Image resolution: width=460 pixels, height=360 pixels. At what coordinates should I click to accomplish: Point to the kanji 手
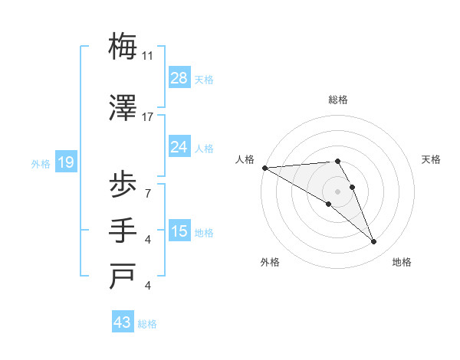click(x=123, y=231)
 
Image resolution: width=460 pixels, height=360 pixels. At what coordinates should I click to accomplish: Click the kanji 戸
click(x=123, y=277)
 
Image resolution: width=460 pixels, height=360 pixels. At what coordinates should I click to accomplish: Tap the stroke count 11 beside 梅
click(x=148, y=55)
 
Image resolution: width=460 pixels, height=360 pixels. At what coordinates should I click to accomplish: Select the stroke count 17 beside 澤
click(x=148, y=116)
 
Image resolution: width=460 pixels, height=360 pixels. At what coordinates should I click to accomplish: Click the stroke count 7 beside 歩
click(x=148, y=193)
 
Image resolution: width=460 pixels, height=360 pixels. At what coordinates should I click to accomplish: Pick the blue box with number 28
click(x=179, y=78)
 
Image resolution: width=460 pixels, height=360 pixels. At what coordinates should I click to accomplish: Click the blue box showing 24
click(x=179, y=147)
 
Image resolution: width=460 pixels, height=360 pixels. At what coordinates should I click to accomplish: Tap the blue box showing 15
click(x=179, y=231)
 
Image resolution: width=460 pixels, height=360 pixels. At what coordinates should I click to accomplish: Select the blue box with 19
click(x=65, y=162)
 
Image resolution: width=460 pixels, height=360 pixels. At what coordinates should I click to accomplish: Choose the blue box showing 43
click(x=123, y=322)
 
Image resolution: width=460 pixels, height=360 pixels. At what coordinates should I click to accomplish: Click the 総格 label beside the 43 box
click(x=147, y=324)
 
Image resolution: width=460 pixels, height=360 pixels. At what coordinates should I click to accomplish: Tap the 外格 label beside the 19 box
click(x=40, y=163)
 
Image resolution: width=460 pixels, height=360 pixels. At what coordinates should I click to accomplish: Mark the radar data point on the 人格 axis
click(x=264, y=168)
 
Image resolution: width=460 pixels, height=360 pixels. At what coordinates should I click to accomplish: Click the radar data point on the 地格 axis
click(x=374, y=242)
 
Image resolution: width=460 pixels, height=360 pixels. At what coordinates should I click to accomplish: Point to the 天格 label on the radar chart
click(x=432, y=159)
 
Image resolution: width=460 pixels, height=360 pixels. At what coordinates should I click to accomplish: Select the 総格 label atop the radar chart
click(x=338, y=100)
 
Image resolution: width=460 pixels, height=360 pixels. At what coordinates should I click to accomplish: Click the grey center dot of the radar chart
click(x=337, y=191)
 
